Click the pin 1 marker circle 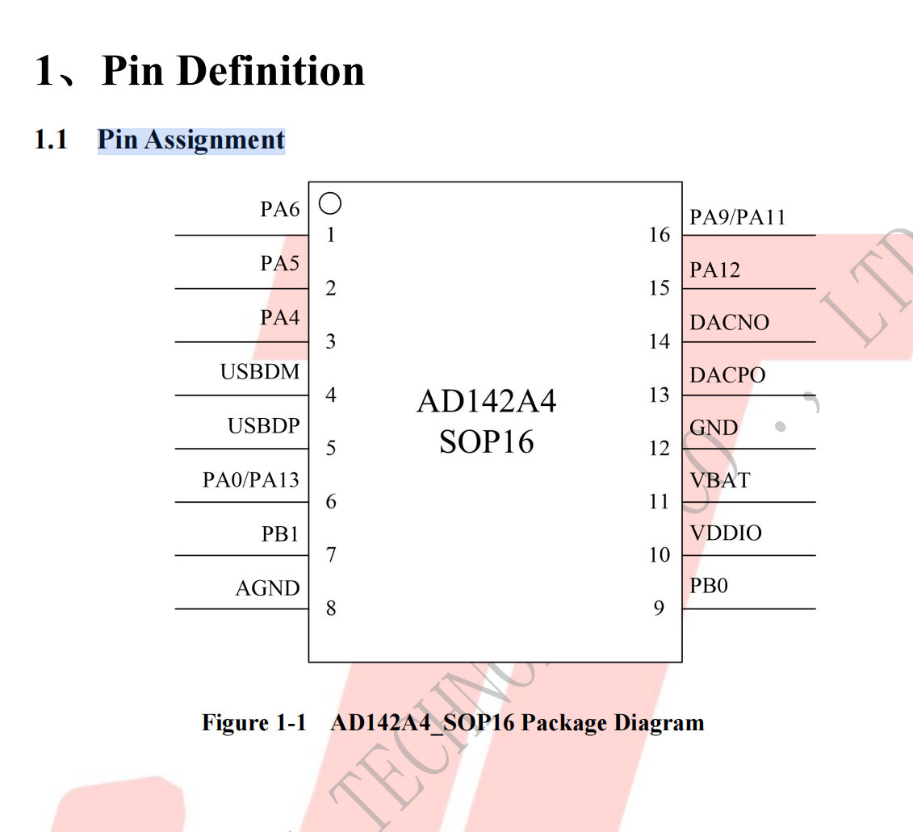[330, 194]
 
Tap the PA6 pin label [280, 209]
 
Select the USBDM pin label [260, 371]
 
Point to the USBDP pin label [264, 425]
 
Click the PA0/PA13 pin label [251, 480]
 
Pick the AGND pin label [268, 588]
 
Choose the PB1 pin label [280, 534]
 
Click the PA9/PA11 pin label [738, 217]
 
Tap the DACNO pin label [730, 322]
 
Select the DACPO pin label [728, 375]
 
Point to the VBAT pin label [720, 480]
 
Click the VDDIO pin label [726, 533]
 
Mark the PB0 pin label [709, 585]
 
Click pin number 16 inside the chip [660, 235]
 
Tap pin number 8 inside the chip [331, 608]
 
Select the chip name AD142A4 [487, 401]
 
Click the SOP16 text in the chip [486, 441]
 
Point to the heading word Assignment [215, 140]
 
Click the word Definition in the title [270, 71]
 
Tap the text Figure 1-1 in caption [253, 722]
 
